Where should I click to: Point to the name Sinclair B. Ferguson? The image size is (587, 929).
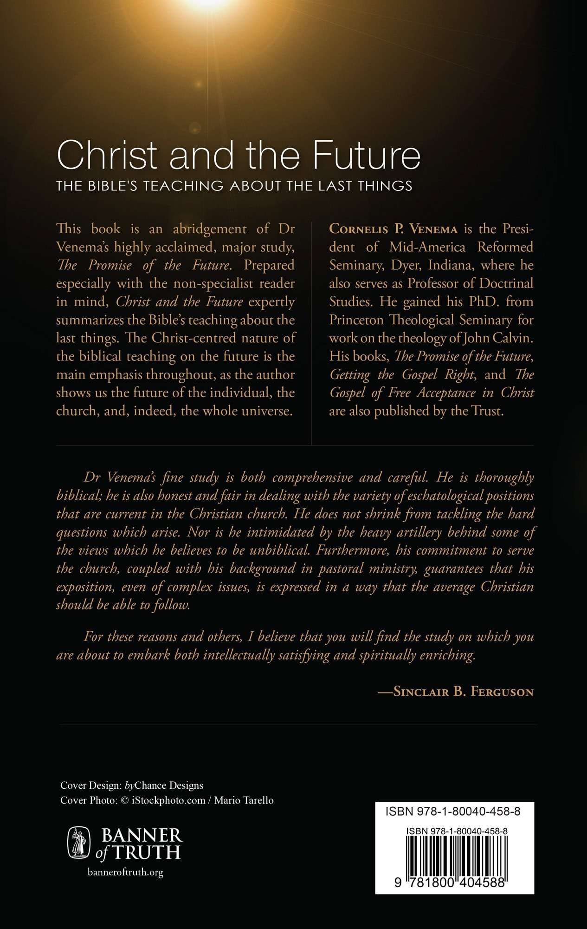[463, 692]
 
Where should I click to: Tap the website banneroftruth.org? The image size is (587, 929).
[125, 872]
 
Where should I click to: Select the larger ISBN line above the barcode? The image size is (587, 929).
[452, 811]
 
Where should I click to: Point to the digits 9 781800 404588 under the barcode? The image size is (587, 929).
[450, 882]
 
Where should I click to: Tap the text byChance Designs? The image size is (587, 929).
[164, 785]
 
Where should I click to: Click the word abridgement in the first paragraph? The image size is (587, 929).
[210, 229]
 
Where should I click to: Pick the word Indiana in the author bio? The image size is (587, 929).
[451, 265]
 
